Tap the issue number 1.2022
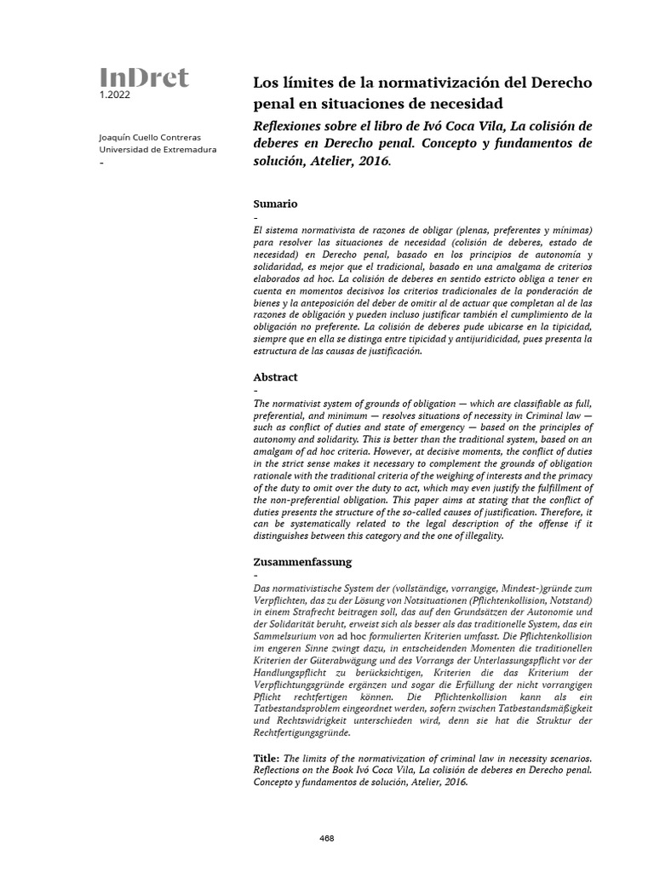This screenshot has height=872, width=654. pyautogui.click(x=115, y=96)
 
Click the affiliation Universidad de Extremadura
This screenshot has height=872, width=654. pyautogui.click(x=158, y=150)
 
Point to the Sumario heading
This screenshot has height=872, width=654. pyautogui.click(x=275, y=204)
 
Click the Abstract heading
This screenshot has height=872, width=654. pyautogui.click(x=276, y=376)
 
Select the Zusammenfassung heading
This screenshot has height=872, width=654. pyautogui.click(x=302, y=562)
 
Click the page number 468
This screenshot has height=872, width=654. pyautogui.click(x=326, y=839)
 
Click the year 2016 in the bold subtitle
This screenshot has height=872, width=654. pyautogui.click(x=375, y=161)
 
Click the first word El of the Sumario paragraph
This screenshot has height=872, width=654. pyautogui.click(x=258, y=232)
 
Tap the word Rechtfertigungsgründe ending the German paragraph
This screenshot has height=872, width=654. pyautogui.click(x=301, y=732)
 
